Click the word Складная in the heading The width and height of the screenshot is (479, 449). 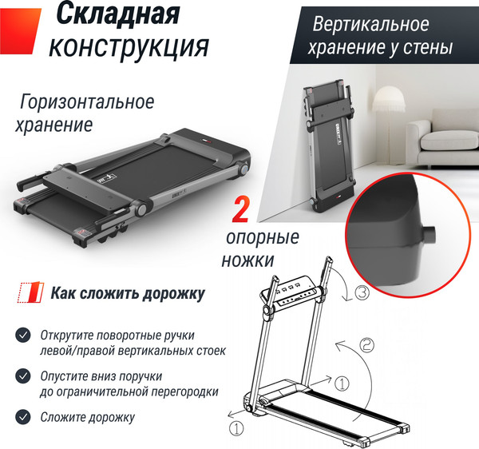click(120, 15)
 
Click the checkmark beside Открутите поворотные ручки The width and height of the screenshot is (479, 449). click(24, 335)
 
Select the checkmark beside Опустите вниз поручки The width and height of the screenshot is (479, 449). click(24, 375)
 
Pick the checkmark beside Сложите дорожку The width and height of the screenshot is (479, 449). click(24, 416)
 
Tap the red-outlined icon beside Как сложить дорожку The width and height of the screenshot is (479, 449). click(31, 293)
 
